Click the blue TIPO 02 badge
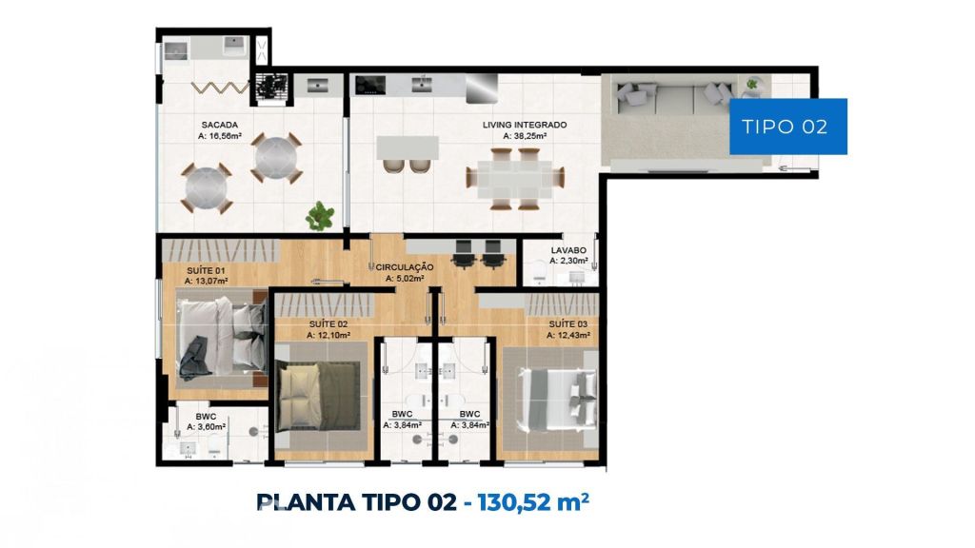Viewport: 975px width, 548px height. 787,127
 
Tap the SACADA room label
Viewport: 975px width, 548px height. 220,125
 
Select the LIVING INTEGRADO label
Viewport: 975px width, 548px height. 525,125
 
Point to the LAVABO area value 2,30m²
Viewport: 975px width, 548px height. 568,261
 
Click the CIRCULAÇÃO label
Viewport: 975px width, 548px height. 404,267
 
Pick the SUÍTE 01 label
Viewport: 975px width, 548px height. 206,271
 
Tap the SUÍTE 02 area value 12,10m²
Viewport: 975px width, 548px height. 328,335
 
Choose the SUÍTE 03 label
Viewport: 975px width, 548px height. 567,324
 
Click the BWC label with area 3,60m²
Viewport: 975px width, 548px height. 206,417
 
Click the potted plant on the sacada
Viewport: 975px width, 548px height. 320,216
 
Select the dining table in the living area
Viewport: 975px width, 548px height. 515,179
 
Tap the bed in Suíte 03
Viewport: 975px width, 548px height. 558,399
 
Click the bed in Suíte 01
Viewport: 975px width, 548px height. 222,338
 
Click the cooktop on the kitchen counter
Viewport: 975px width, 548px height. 370,85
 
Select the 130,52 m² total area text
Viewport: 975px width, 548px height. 533,500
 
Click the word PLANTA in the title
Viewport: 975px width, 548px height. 303,501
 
